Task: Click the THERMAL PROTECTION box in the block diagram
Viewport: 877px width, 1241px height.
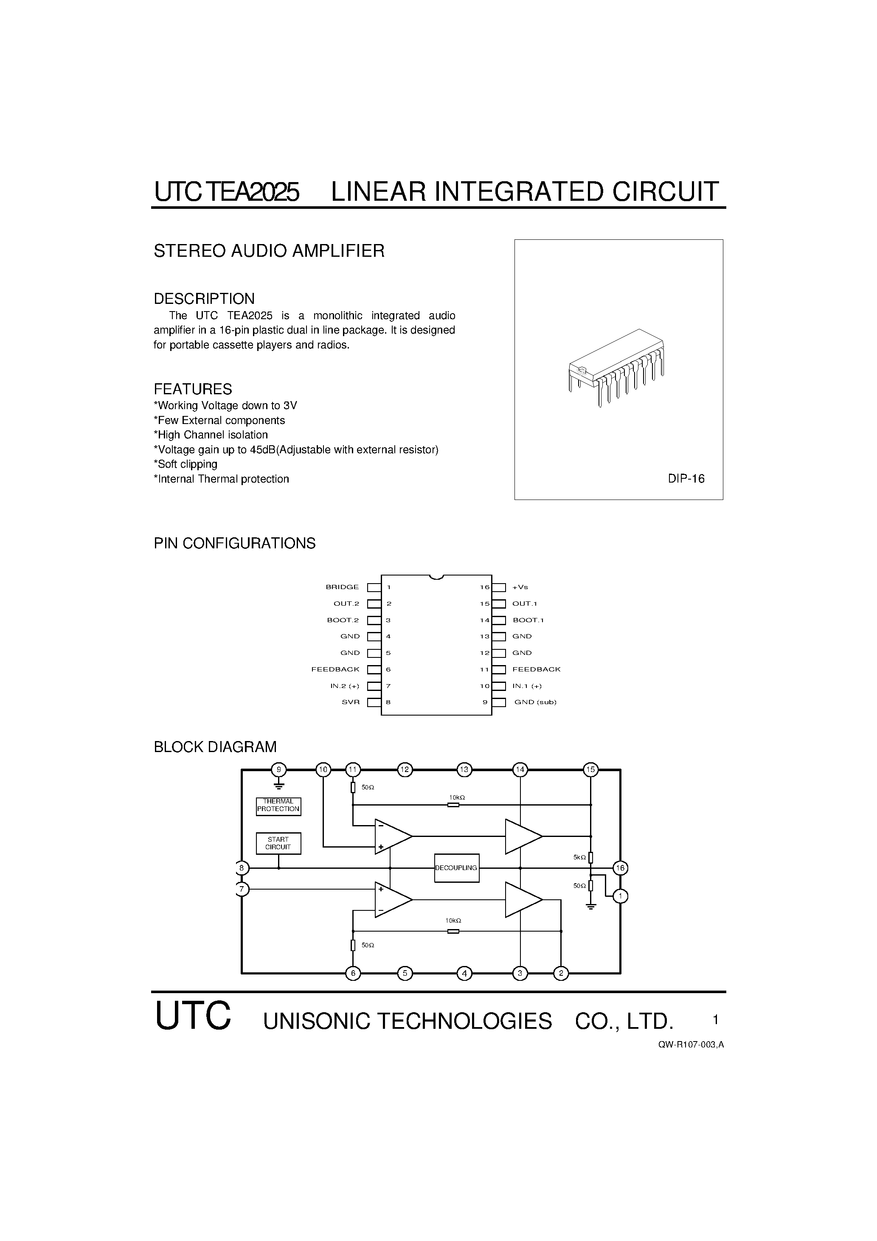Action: [278, 806]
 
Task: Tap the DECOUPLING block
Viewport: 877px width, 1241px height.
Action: [456, 868]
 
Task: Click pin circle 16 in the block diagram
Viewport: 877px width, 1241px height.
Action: [620, 868]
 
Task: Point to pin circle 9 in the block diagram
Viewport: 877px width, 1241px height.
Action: [278, 769]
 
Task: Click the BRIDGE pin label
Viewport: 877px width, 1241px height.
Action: [342, 587]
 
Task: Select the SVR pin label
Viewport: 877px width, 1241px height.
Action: [350, 702]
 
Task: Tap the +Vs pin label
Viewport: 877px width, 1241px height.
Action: [520, 587]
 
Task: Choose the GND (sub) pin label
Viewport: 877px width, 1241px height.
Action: [535, 702]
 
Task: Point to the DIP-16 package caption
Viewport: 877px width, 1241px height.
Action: [686, 479]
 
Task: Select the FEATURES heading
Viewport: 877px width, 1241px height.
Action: [193, 389]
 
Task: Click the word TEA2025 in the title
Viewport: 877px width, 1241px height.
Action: [253, 192]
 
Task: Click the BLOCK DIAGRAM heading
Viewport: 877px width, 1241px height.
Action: [215, 747]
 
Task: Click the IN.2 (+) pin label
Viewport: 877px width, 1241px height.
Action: [344, 686]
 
